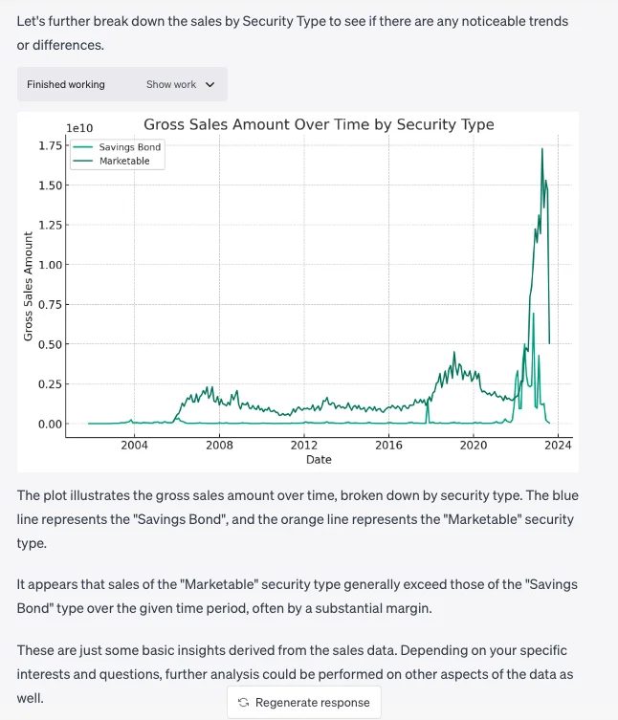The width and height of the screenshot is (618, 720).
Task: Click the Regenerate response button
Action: [x=304, y=703]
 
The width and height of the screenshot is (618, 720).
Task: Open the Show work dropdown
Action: [x=180, y=84]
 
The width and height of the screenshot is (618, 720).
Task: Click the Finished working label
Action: [x=66, y=84]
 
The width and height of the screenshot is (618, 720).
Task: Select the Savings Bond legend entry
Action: [x=130, y=147]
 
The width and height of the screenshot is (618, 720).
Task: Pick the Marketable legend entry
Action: [x=124, y=161]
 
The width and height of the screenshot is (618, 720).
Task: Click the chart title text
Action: [x=319, y=124]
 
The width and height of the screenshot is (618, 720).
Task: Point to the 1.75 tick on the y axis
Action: [x=50, y=145]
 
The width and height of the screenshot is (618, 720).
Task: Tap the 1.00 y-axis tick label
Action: [x=50, y=265]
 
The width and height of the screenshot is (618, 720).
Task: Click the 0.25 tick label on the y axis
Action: [x=50, y=384]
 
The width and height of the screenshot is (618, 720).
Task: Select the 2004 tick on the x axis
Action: [x=134, y=445]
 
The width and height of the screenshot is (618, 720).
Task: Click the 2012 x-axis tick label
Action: [x=304, y=445]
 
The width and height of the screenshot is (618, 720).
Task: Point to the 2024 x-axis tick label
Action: [x=559, y=445]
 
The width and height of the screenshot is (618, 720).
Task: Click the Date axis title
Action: [x=319, y=460]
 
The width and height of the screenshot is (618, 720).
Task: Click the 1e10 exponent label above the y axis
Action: [x=79, y=128]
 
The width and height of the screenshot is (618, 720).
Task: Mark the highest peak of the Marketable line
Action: [x=542, y=148]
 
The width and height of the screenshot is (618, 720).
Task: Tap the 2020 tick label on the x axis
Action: [x=474, y=445]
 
